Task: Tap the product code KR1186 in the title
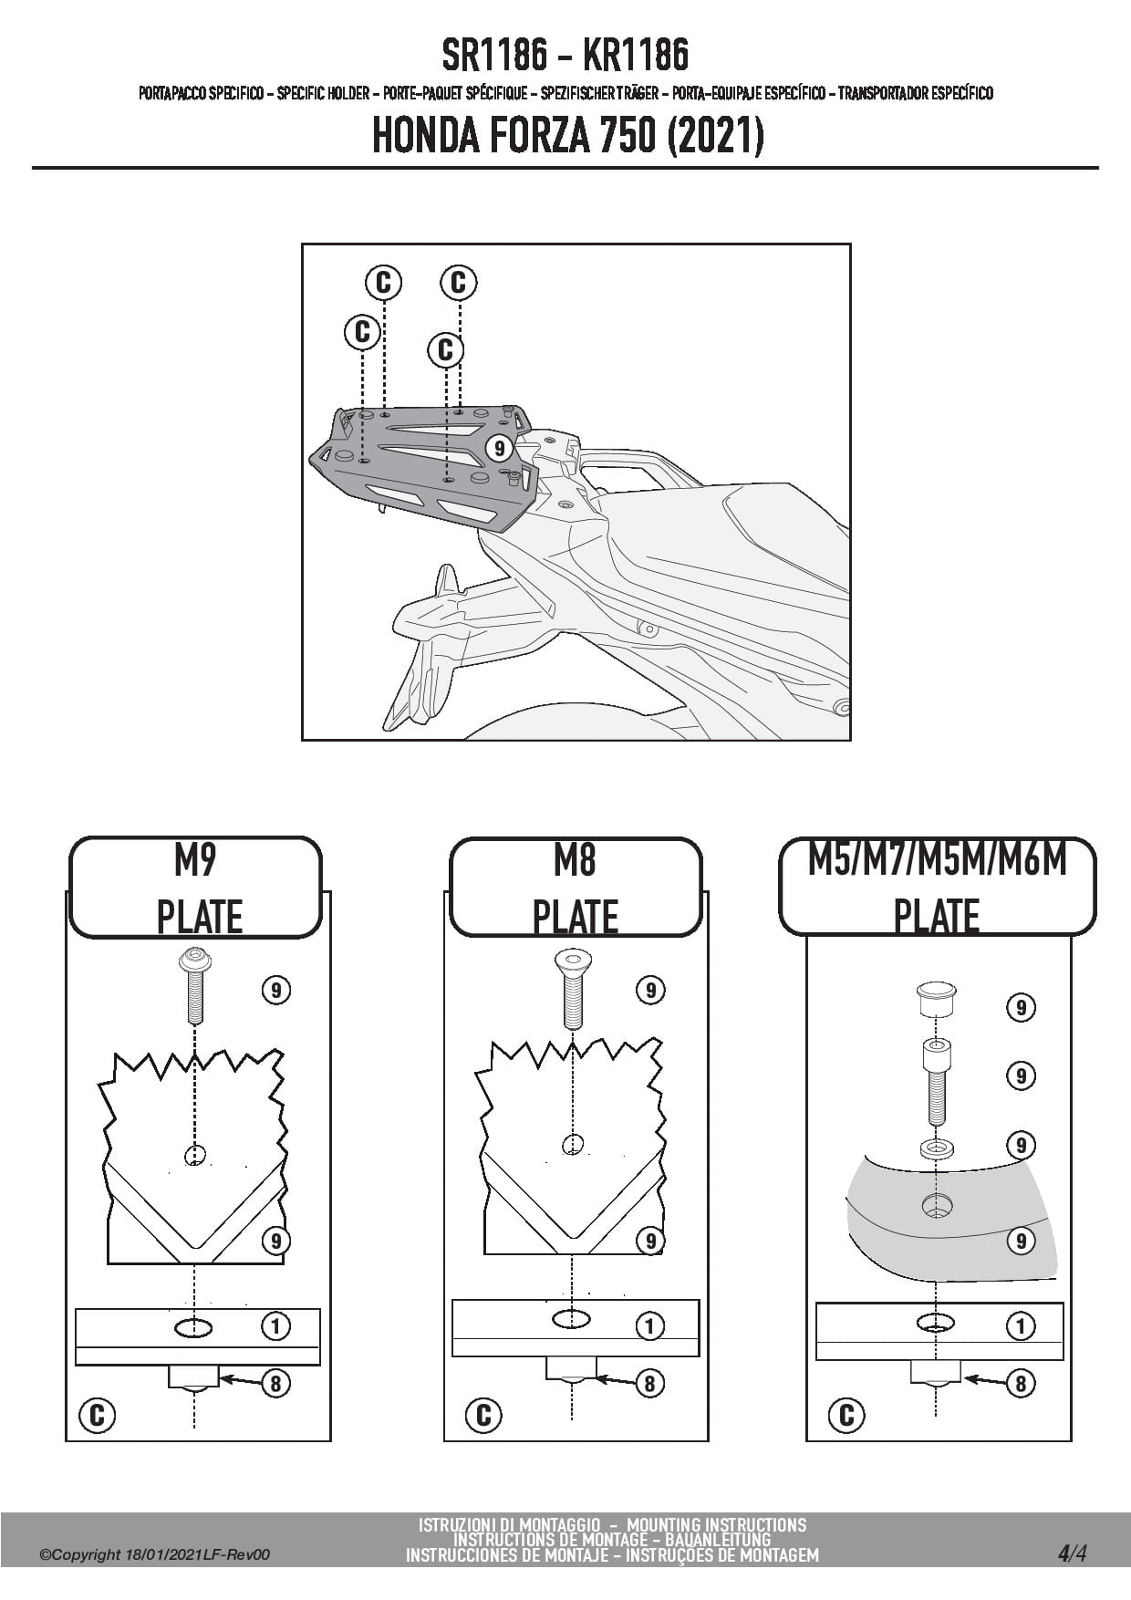pyautogui.click(x=635, y=56)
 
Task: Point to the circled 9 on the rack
pyautogui.click(x=499, y=449)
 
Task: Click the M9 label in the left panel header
pyautogui.click(x=195, y=860)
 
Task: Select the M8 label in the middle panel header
pyautogui.click(x=575, y=860)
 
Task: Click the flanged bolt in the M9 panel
pyautogui.click(x=194, y=985)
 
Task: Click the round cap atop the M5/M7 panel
pyautogui.click(x=936, y=998)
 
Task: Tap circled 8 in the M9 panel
pyautogui.click(x=275, y=1384)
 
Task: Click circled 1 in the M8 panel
pyautogui.click(x=649, y=1325)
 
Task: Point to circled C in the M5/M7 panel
pyautogui.click(x=846, y=1415)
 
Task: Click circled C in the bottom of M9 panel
pyautogui.click(x=97, y=1415)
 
